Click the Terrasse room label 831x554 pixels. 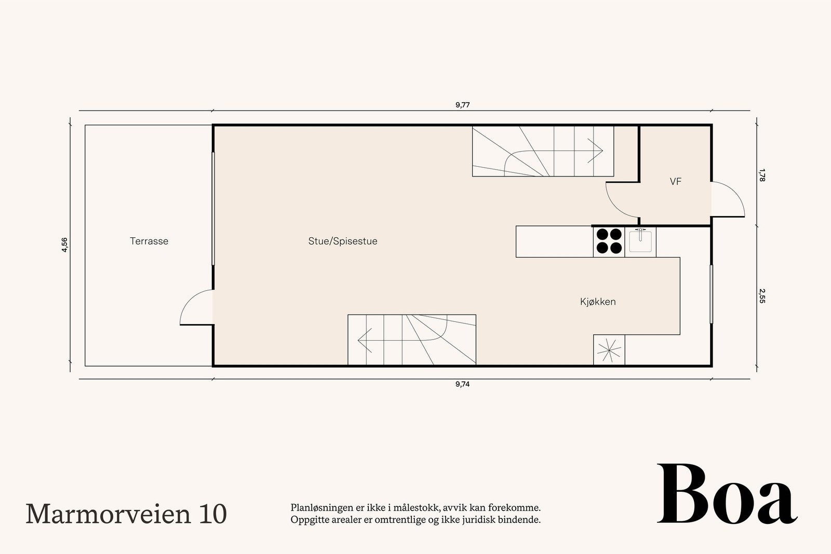tap(149, 241)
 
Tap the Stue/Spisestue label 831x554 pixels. tap(343, 241)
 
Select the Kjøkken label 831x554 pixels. tap(598, 302)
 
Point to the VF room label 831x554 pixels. tap(675, 182)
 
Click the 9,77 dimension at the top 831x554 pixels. tap(462, 105)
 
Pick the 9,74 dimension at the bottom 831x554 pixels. tap(462, 384)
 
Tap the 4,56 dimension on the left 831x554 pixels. tap(64, 245)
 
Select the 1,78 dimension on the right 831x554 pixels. tap(762, 175)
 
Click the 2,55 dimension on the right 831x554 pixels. tap(762, 296)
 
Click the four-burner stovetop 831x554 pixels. tap(609, 241)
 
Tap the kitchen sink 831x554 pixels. tap(640, 241)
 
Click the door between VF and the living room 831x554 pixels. tap(621, 200)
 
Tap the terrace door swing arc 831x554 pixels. tap(195, 306)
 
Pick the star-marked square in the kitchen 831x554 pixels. tap(609, 350)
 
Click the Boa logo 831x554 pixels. tap(727, 494)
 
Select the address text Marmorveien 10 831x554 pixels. tap(126, 514)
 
